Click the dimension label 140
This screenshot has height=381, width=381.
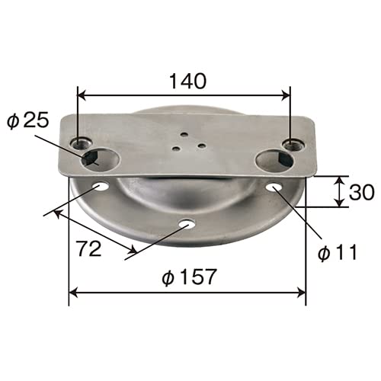pos(187,81)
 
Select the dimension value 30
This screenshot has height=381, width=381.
pos(362,192)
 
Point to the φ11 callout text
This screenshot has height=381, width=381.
pos(338,252)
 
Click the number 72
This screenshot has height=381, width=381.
pos(89,248)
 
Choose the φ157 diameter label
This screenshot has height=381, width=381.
pos(189,277)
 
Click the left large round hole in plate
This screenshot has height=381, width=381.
pos(101,161)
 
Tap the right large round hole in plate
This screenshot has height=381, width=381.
pos(274,161)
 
